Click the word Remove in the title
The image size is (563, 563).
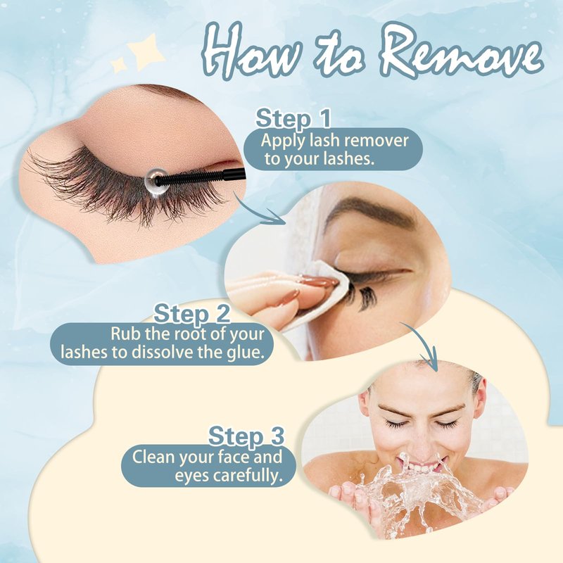tap(460, 50)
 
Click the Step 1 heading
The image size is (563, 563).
tap(293, 118)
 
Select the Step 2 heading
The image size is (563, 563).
tap(191, 313)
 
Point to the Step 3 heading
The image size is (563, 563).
tap(246, 436)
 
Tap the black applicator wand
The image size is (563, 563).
tap(201, 177)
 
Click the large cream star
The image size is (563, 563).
tap(146, 51)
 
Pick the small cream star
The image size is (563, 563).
tap(118, 65)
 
